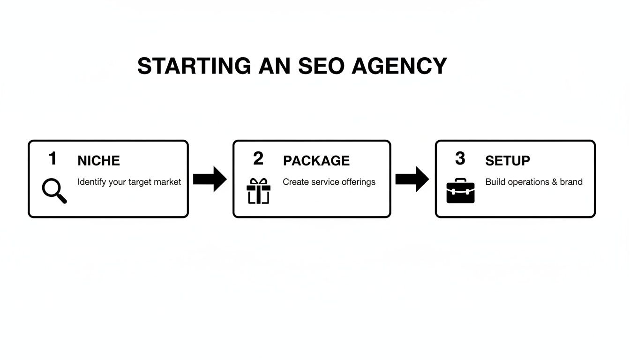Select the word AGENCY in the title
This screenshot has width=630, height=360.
tap(399, 66)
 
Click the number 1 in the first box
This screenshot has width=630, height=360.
tap(52, 158)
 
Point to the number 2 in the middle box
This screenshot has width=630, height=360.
tap(258, 158)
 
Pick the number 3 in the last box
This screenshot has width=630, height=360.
tap(460, 158)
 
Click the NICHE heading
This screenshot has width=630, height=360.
tap(98, 161)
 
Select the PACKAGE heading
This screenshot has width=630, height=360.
tap(316, 161)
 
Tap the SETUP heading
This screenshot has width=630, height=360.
tap(508, 161)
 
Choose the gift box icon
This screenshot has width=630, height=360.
tap(258, 191)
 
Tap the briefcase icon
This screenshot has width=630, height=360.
tap(460, 191)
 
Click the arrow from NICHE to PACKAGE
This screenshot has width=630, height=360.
tap(210, 179)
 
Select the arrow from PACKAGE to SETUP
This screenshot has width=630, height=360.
tap(412, 179)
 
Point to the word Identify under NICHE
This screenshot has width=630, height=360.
tap(92, 182)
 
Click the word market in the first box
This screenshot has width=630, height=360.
tap(168, 182)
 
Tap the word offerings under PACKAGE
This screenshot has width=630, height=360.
tap(359, 182)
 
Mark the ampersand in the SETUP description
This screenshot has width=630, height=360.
tap(555, 182)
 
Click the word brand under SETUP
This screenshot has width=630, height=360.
tap(571, 182)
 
